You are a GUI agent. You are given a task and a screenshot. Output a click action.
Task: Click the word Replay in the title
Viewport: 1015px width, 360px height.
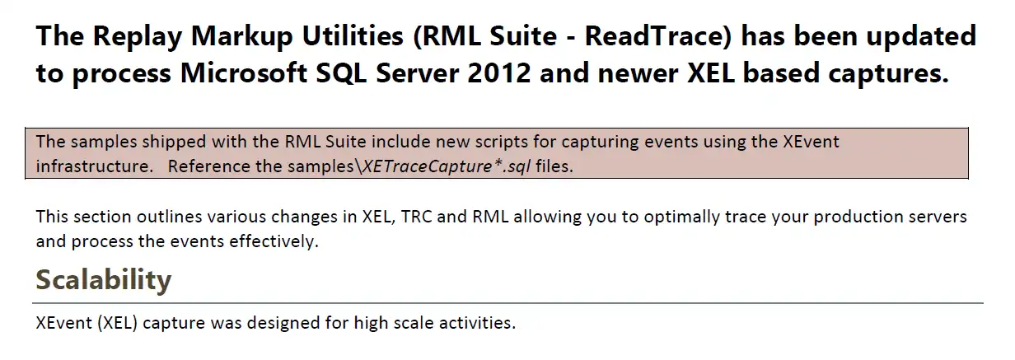click(137, 36)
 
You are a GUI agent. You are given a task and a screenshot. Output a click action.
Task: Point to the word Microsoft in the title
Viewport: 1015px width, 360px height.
click(244, 72)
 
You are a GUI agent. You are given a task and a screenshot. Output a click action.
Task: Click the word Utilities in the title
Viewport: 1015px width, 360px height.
click(353, 35)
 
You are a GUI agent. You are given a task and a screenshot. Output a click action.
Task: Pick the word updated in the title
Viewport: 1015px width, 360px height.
click(921, 36)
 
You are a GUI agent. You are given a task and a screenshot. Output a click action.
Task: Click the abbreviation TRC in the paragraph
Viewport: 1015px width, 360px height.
click(416, 217)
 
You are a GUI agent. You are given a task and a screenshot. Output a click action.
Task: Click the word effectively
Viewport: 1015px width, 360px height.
click(274, 241)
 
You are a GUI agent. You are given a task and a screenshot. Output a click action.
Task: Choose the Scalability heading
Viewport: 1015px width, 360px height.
click(104, 280)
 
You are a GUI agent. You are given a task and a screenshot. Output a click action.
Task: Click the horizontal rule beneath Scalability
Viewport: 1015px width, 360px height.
click(507, 302)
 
